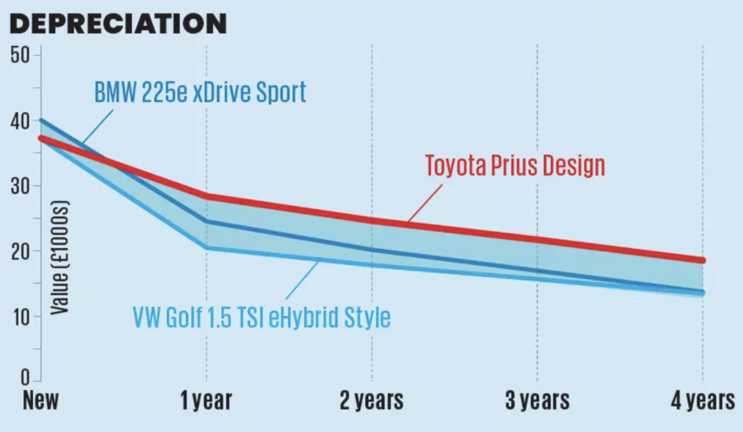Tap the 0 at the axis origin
[25, 378]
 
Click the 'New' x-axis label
[41, 401]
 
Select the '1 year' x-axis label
[206, 401]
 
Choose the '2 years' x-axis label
[371, 401]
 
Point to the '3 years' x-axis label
[537, 401]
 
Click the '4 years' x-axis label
[702, 401]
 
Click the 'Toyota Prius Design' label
[515, 166]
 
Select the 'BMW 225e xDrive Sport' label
[200, 92]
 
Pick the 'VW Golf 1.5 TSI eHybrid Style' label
[261, 317]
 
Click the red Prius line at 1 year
[206, 196]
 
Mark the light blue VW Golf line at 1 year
[206, 247]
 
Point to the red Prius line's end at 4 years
[702, 260]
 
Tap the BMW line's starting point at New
[41, 120]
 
